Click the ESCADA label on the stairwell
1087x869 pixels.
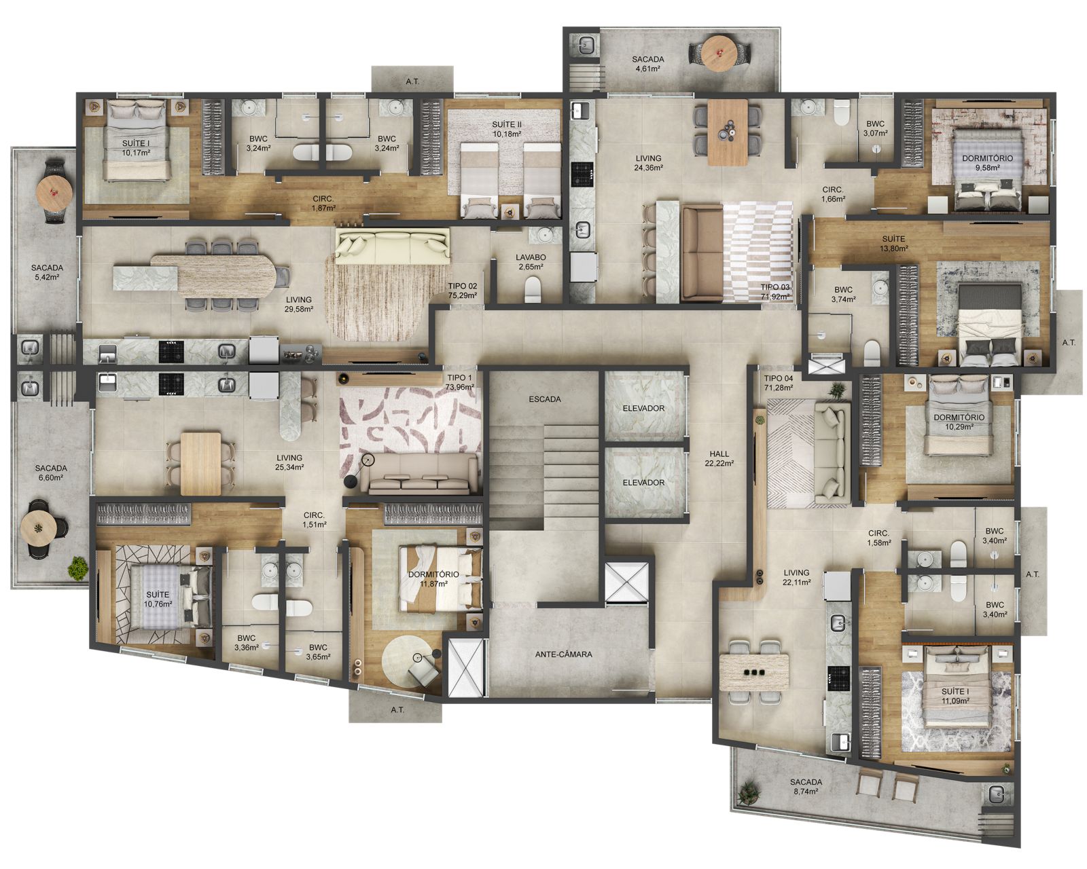[x=544, y=399]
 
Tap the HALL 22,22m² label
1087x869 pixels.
[x=719, y=458]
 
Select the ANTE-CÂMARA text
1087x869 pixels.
[x=563, y=654]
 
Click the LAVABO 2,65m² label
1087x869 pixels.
[x=531, y=261]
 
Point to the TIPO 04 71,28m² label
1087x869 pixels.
[x=779, y=383]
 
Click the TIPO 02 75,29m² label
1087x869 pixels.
[x=462, y=291]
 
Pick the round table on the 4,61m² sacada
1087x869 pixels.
[x=720, y=52]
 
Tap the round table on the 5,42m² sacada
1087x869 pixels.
[x=54, y=192]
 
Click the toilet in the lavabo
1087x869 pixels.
[x=533, y=291]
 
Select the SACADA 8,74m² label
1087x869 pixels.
[x=806, y=786]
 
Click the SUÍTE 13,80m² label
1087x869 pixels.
[x=893, y=243]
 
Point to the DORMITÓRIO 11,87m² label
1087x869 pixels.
[x=433, y=578]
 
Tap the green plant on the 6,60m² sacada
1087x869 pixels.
[x=77, y=568]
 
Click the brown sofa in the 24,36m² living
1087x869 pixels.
[x=702, y=253]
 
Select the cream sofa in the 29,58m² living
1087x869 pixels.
[x=392, y=246]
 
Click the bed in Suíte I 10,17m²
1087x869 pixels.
[x=136, y=140]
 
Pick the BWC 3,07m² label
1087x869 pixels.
[x=875, y=128]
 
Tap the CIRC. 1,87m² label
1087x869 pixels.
[x=323, y=203]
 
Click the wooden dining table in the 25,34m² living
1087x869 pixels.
[x=200, y=464]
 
